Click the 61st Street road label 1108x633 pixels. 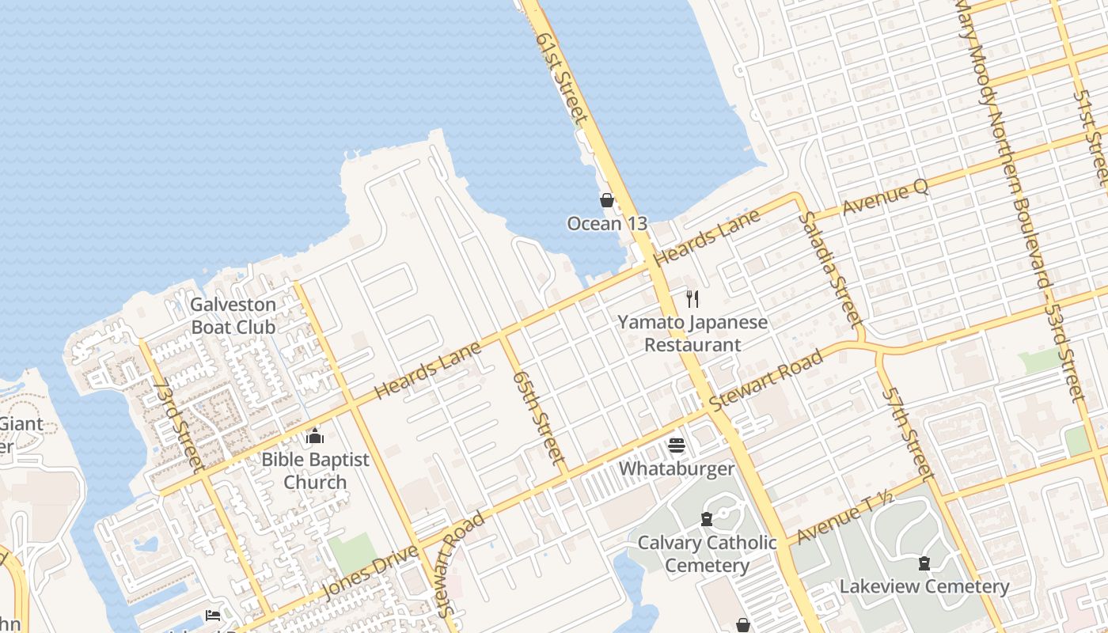tap(561, 77)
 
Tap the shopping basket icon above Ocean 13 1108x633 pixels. tap(607, 200)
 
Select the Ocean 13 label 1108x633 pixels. tap(607, 224)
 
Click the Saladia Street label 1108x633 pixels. tap(829, 269)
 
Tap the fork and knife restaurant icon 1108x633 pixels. tap(692, 298)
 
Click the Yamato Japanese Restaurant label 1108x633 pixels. tap(692, 334)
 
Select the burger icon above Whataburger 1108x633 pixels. tap(676, 445)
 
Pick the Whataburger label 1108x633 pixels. tap(677, 469)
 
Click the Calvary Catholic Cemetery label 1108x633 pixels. tap(708, 554)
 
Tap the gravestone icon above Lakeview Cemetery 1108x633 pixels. tap(924, 563)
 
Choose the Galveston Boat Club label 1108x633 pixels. tap(233, 316)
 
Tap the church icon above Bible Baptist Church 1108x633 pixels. tap(315, 437)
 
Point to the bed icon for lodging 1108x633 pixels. tap(212, 616)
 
